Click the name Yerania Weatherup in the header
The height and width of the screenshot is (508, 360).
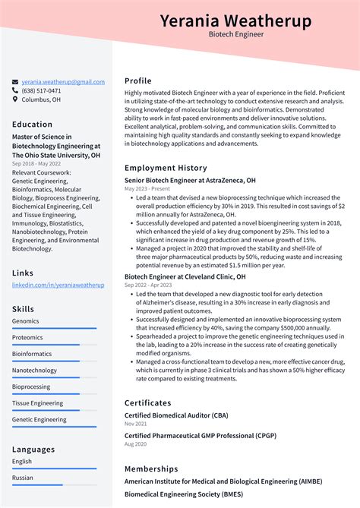[236, 21]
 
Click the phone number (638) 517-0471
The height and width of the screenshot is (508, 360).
[41, 90]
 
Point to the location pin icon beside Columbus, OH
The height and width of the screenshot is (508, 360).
[15, 99]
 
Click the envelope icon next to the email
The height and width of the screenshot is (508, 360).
[15, 81]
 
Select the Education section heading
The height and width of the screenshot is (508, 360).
[33, 125]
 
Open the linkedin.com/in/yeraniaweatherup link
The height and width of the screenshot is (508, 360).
[58, 284]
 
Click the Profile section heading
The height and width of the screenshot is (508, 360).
[138, 80]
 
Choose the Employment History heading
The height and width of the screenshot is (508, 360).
[166, 168]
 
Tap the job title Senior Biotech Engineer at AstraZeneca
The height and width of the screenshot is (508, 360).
[190, 181]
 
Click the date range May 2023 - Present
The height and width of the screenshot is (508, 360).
[147, 188]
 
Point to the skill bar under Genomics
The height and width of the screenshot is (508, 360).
[54, 329]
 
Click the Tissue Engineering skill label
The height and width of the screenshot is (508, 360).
[37, 403]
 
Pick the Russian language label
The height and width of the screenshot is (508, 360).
[23, 478]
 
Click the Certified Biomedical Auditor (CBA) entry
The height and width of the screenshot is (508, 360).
[176, 415]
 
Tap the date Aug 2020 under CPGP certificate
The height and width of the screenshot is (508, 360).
[137, 443]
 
